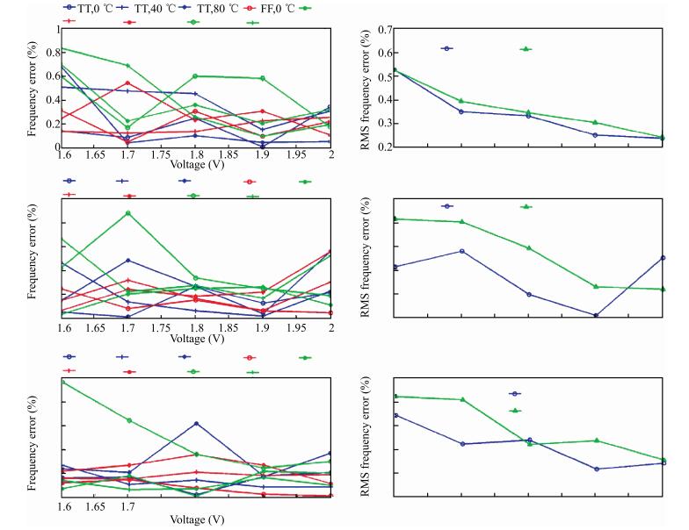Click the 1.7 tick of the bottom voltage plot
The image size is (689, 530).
click(x=127, y=506)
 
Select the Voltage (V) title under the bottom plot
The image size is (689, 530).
click(x=196, y=519)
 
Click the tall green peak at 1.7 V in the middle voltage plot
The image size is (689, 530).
click(x=128, y=212)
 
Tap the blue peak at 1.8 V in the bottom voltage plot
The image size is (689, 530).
click(x=196, y=423)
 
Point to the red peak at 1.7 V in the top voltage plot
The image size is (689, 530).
click(x=128, y=83)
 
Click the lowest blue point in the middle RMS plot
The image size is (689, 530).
click(x=596, y=315)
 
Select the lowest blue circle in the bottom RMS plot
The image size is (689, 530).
click(x=596, y=469)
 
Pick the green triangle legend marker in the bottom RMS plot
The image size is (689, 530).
click(x=515, y=410)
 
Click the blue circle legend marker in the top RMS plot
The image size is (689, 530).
click(x=447, y=48)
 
